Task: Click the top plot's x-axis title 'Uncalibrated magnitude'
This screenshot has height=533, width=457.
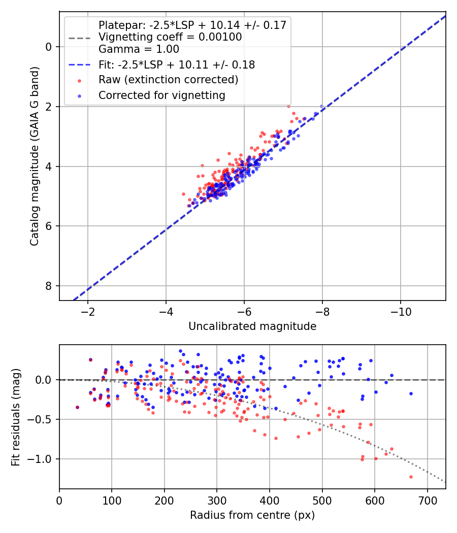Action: (x=252, y=326)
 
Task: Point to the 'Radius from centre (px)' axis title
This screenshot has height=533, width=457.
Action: (x=252, y=515)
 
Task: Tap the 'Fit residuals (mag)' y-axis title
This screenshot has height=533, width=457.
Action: (x=16, y=416)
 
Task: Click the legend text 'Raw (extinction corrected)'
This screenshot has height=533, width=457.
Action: (x=168, y=80)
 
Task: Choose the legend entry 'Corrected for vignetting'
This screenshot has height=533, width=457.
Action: (x=161, y=95)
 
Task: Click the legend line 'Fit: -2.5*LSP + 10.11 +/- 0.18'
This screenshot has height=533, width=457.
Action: (x=176, y=65)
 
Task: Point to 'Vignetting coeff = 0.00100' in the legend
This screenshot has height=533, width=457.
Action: (x=170, y=37)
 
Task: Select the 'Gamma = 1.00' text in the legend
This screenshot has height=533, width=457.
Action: (x=139, y=49)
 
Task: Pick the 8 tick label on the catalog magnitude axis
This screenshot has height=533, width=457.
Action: (x=49, y=286)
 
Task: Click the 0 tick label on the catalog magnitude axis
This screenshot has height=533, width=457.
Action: (x=49, y=47)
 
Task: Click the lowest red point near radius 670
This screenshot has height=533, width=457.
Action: (x=411, y=477)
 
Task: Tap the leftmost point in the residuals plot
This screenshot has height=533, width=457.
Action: (x=77, y=407)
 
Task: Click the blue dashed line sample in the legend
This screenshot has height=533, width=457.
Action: (x=79, y=65)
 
